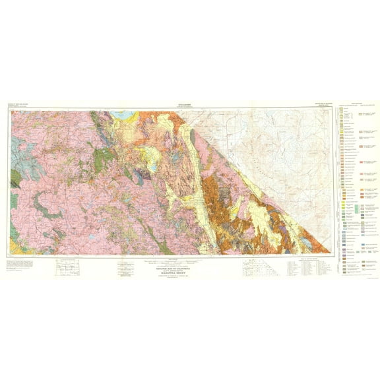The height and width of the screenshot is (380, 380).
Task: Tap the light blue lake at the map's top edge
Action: coord(123,113)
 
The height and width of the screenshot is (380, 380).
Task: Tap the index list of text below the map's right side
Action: coord(303,267)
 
